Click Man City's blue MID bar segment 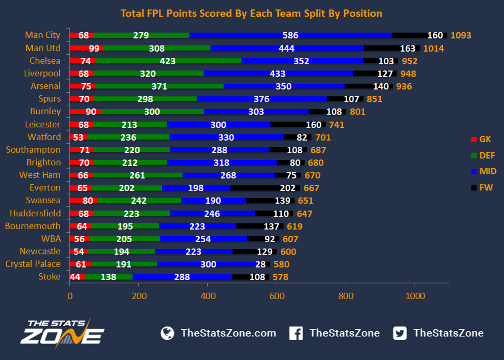point(290,35)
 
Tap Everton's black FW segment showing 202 point(265,188)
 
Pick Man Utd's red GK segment point(87,48)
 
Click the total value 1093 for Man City point(461,35)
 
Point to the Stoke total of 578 point(280,277)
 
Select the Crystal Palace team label point(33,264)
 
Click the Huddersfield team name point(35,213)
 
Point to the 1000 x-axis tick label point(415,296)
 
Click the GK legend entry point(481,139)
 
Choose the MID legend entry point(484,172)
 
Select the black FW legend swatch point(474,188)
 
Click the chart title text point(251,13)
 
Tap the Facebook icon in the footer point(296,333)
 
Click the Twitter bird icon point(400,333)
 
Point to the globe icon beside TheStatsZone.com point(167,333)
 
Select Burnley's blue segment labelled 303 point(256,112)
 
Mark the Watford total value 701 point(323,137)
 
